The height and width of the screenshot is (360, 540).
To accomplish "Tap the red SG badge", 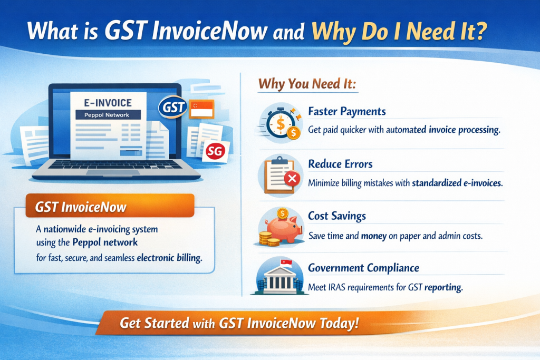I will [x=214, y=152].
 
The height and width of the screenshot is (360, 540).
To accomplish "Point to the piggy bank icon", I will [x=282, y=226].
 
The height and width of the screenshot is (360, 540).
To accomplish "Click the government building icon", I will [x=279, y=278].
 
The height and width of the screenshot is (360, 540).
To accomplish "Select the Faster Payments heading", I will [x=346, y=111].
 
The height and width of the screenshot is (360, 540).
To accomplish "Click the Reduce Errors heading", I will [x=340, y=164].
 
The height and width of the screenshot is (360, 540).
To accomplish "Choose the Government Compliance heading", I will [x=363, y=268].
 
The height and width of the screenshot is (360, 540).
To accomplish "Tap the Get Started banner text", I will [x=239, y=323].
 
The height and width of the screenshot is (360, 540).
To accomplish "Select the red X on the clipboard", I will [x=291, y=181].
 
